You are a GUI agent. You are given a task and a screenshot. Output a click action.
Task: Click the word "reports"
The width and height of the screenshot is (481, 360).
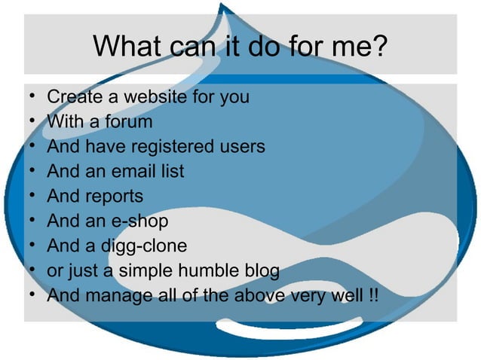coord(115,197)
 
